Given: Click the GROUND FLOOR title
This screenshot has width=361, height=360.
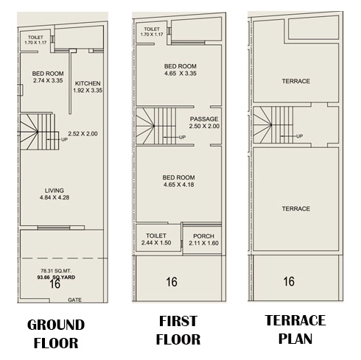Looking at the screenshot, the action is pyautogui.click(x=56, y=333).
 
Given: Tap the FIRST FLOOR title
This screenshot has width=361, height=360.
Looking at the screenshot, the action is pyautogui.click(x=178, y=330).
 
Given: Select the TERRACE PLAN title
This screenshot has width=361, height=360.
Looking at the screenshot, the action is pyautogui.click(x=295, y=329).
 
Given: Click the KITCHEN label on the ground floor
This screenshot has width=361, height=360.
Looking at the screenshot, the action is pyautogui.click(x=88, y=83).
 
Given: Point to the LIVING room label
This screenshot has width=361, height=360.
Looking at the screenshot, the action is pyautogui.click(x=55, y=191).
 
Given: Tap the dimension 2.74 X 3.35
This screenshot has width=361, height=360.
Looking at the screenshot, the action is pyautogui.click(x=48, y=80).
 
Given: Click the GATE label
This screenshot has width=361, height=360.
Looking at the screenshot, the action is pyautogui.click(x=74, y=300).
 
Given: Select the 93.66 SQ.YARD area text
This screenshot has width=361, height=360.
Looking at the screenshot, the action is pyautogui.click(x=56, y=278).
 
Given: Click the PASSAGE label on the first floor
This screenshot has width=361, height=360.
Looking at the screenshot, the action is pyautogui.click(x=204, y=119).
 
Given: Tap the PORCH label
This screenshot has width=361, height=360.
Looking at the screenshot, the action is pyautogui.click(x=203, y=236).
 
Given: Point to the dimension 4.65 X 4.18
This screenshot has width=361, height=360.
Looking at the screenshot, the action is pyautogui.click(x=179, y=185).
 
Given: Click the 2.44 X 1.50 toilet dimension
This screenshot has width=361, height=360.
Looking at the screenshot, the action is pyautogui.click(x=156, y=243).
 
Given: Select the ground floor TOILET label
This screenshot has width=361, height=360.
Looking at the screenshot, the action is pyautogui.click(x=35, y=38).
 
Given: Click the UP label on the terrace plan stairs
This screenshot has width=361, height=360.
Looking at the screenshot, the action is pyautogui.click(x=299, y=136).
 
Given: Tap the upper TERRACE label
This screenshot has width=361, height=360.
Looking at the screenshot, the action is pyautogui.click(x=296, y=81).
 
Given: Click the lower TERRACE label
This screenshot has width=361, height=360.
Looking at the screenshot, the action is pyautogui.click(x=296, y=209).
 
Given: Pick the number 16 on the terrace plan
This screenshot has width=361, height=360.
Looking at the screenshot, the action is pyautogui.click(x=289, y=281).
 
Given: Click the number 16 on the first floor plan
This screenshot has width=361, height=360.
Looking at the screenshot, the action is pyautogui.click(x=172, y=282).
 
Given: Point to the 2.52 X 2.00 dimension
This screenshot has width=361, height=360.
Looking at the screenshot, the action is pyautogui.click(x=83, y=134).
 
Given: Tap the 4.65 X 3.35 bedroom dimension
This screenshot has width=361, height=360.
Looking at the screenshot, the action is pyautogui.click(x=180, y=74).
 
